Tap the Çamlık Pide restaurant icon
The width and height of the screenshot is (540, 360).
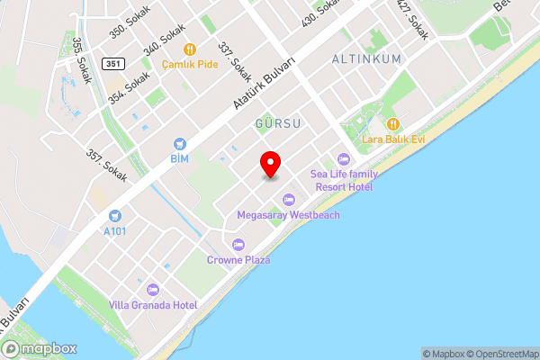point(189,49)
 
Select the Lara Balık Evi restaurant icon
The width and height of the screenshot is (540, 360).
point(393,124)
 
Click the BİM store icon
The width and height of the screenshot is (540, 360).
point(180,144)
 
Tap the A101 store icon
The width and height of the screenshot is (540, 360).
point(114,216)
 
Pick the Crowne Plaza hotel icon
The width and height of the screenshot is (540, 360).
point(238,245)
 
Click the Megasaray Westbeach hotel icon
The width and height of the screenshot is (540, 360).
point(288,200)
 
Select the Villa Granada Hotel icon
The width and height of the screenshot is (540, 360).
point(152,290)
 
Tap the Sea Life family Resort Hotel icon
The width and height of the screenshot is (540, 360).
point(342,159)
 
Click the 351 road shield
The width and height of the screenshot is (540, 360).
point(113,63)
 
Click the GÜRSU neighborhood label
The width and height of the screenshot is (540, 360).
point(276,121)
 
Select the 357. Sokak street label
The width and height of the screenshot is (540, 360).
point(108,160)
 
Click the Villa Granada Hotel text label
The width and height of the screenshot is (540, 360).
point(154,305)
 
